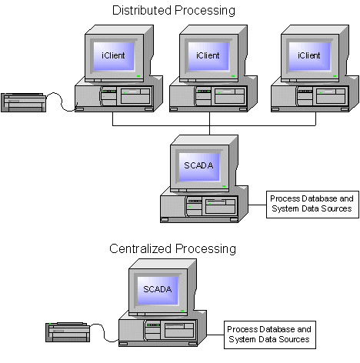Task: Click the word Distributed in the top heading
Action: click(x=142, y=11)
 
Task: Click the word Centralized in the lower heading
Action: click(x=140, y=248)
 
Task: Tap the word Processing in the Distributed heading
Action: click(x=205, y=11)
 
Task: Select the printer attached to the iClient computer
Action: click(x=23, y=102)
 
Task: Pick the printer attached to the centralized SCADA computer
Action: click(x=68, y=332)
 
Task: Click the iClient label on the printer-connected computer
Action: click(x=113, y=55)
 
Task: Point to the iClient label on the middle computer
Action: click(x=208, y=55)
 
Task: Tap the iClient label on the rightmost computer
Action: click(x=308, y=55)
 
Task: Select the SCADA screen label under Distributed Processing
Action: click(x=198, y=165)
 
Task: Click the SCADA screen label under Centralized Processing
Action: click(x=158, y=289)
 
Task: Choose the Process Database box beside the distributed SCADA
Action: click(x=312, y=205)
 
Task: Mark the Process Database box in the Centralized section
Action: click(x=270, y=335)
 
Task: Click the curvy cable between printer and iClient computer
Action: click(x=61, y=101)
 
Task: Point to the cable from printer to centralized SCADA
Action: click(x=104, y=332)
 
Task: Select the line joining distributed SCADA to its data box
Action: click(x=257, y=205)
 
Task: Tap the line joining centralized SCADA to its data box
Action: click(x=215, y=335)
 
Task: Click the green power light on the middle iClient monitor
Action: click(x=233, y=76)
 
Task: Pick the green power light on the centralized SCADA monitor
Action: click(x=182, y=311)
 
